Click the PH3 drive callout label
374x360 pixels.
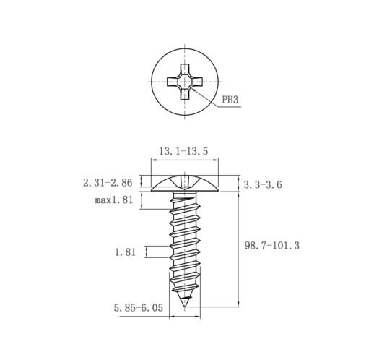point(230,100)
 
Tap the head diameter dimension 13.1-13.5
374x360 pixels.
point(183,151)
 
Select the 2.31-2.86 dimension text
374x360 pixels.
point(108,183)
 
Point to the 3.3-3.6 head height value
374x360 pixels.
point(263,185)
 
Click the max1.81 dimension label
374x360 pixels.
point(114,200)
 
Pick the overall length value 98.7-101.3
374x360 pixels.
point(272,246)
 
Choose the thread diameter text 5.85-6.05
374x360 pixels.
point(139,308)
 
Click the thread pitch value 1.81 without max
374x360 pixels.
point(125,252)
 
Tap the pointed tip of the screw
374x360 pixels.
point(185,307)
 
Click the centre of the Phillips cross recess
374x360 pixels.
point(185,82)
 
